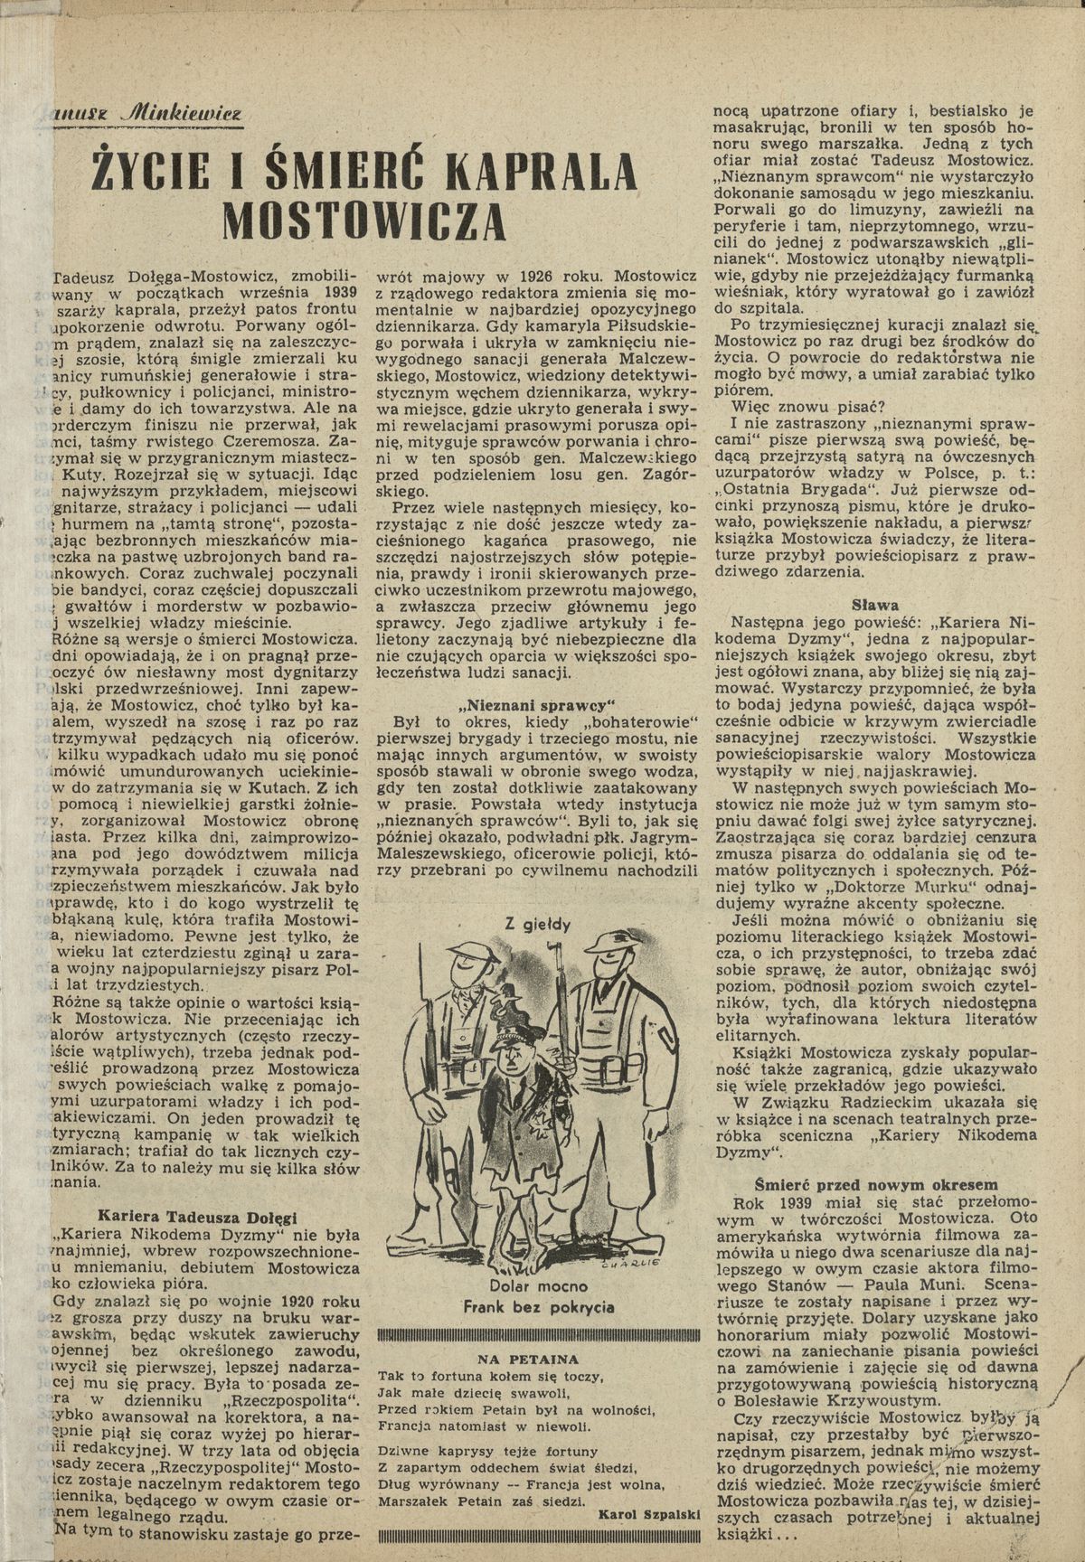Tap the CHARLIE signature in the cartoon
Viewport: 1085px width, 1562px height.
(x=640, y=1264)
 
